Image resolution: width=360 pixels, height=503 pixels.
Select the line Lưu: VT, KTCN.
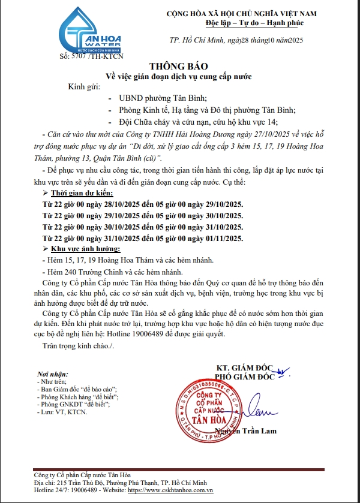click(x=62, y=412)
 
